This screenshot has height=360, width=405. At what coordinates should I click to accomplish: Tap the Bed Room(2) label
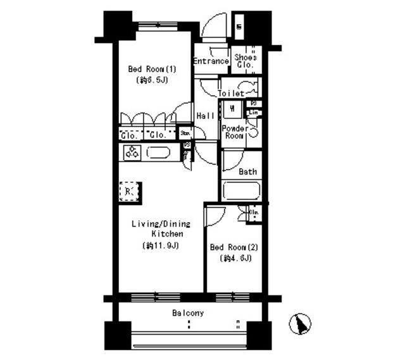232,247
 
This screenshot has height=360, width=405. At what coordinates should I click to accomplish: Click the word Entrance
211,61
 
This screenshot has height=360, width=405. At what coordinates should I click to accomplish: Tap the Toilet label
231,94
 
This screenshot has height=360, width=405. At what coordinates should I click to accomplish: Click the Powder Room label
235,132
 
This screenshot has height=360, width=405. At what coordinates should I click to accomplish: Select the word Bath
247,171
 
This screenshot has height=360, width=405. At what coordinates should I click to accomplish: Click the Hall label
204,116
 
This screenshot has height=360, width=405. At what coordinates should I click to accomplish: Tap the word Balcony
188,313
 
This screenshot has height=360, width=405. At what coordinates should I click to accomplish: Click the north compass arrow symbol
301,325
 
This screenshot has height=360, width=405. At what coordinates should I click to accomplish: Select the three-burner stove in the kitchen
132,152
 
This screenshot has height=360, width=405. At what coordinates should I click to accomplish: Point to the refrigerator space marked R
128,192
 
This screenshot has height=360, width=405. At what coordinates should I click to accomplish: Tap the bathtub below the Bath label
241,191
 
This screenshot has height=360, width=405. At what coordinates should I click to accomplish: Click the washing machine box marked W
233,109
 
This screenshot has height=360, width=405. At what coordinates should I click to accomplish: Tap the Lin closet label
253,113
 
